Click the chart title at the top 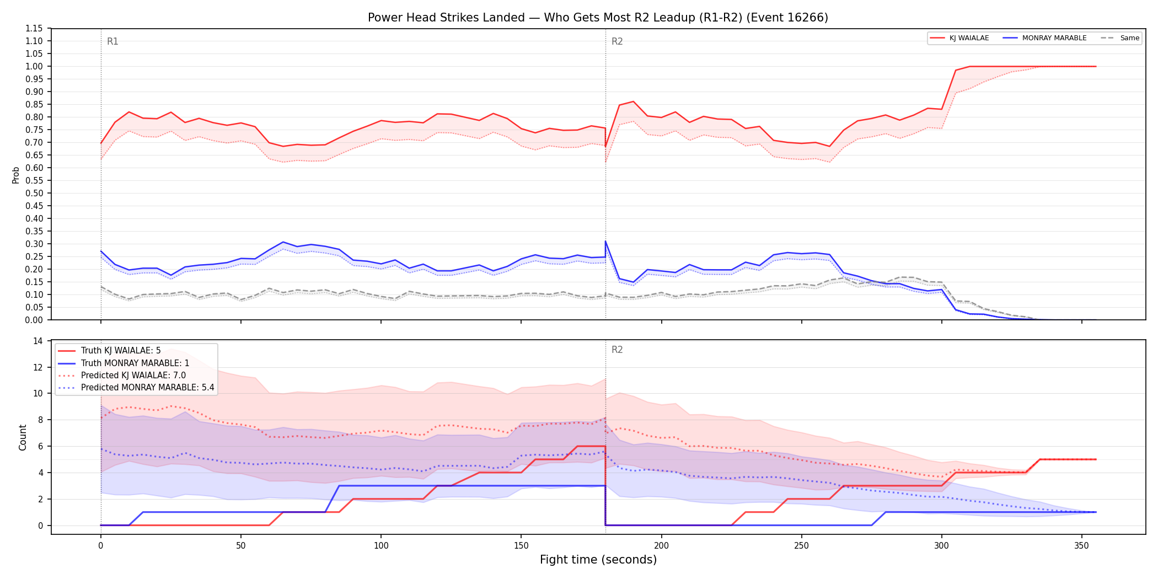coord(598,18)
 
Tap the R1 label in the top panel coord(112,41)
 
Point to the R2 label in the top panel coord(617,41)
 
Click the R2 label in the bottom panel coord(617,350)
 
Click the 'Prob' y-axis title coord(16,175)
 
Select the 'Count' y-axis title coord(23,437)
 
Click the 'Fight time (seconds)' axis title coord(598,560)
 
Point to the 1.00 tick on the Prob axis coord(34,66)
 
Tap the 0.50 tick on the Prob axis coord(34,193)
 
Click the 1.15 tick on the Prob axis coord(34,28)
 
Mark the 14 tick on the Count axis coord(38,341)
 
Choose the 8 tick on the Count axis coord(40,420)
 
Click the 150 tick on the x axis coord(521,545)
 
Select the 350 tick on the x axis coord(1082,545)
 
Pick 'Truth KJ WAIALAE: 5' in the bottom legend coord(121,351)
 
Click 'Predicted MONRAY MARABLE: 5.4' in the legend coord(147,388)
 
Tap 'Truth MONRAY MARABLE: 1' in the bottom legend coord(135,363)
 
